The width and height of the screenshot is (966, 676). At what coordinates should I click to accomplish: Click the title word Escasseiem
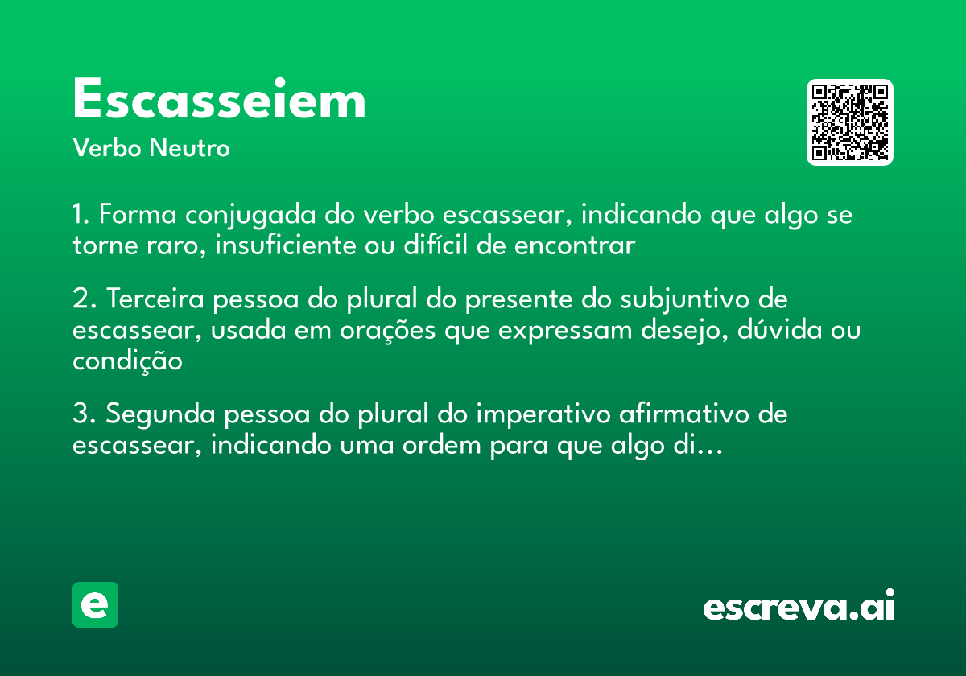point(219,101)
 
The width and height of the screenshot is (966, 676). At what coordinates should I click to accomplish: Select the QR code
point(850,122)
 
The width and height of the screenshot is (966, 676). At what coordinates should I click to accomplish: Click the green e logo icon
point(95,604)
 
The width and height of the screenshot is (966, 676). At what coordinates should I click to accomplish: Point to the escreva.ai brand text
point(799,607)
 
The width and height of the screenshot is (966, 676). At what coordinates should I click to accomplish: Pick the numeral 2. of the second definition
point(84,299)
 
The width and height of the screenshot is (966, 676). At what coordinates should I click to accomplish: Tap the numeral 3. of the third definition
point(84,415)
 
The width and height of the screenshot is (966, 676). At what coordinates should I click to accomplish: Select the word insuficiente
point(281,245)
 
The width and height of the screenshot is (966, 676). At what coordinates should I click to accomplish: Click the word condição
point(127,361)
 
